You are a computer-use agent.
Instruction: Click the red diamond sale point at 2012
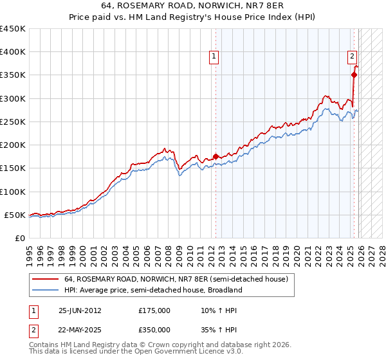tap(216, 156)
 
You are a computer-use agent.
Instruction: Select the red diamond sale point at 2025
tap(354, 75)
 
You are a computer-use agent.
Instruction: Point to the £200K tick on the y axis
tap(13, 145)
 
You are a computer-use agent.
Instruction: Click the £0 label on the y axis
tap(19, 238)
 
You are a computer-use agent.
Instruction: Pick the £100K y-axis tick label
tap(13, 192)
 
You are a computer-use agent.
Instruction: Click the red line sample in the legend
tap(46, 280)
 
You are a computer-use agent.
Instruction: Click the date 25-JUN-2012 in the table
tap(80, 310)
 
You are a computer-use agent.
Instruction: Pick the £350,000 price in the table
tap(154, 330)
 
